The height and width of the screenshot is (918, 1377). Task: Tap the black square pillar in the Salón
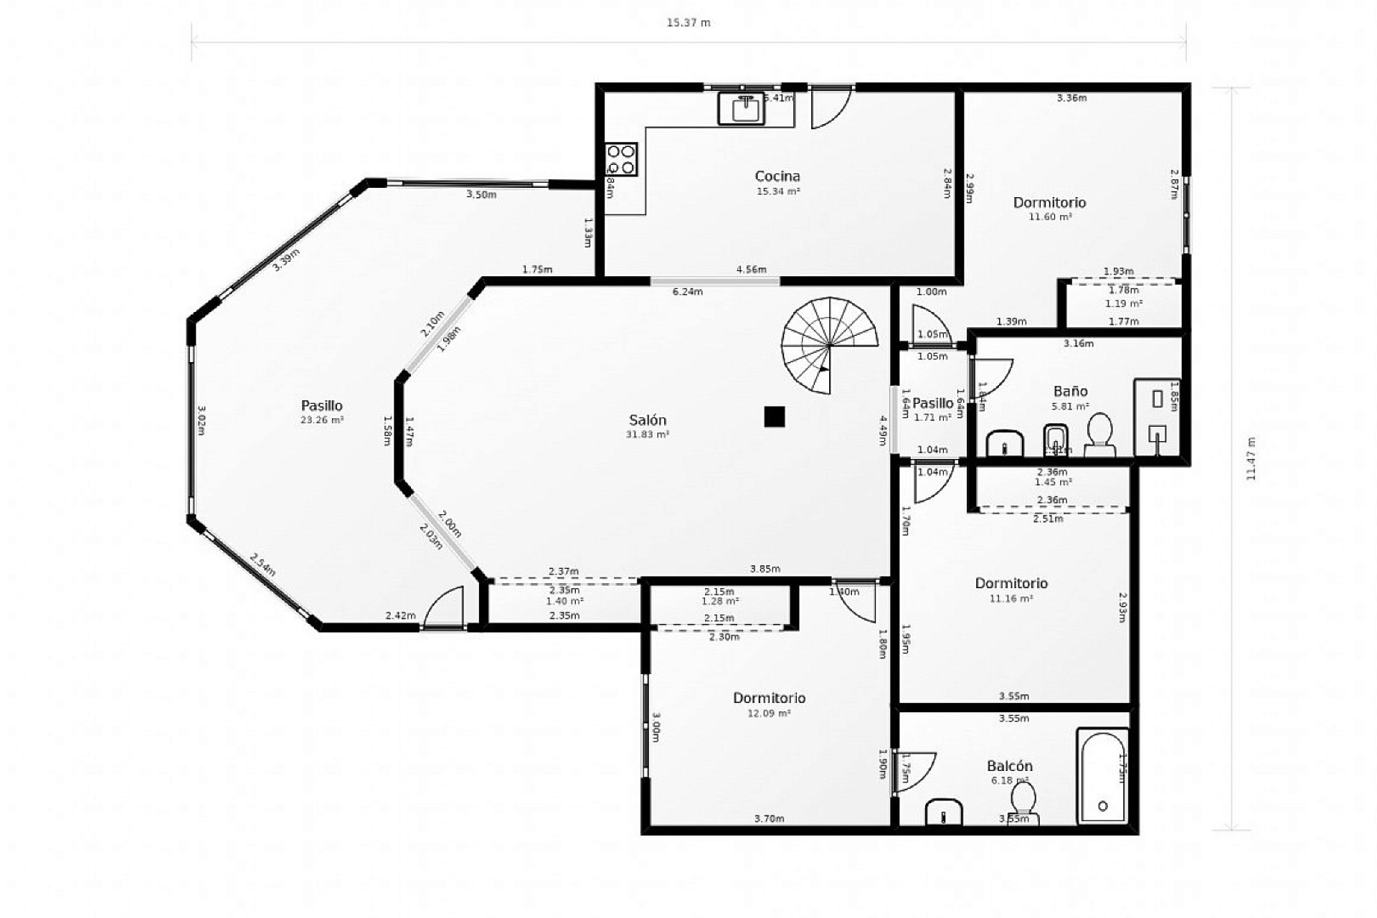tap(774, 417)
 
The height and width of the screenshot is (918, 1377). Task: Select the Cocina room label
tap(777, 176)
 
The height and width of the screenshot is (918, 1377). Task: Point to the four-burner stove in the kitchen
tap(621, 159)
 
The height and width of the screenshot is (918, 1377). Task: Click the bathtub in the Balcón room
tap(1102, 777)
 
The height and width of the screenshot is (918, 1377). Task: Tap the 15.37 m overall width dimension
tap(688, 23)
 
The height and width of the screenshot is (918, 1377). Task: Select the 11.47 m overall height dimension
tap(1251, 458)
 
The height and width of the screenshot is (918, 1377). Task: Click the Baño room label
tap(1070, 391)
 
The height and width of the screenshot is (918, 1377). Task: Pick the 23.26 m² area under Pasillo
tap(322, 420)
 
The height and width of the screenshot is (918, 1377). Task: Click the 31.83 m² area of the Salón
tap(648, 435)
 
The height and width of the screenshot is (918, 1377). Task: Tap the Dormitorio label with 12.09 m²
tap(769, 698)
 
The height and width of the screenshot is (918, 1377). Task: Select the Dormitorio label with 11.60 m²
tap(1049, 202)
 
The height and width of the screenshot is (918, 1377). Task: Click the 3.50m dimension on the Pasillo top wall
tap(481, 194)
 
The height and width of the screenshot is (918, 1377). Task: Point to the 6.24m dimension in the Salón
tap(687, 292)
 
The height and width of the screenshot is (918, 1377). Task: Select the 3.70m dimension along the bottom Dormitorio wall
tap(769, 818)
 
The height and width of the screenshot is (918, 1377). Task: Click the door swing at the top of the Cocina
tap(830, 108)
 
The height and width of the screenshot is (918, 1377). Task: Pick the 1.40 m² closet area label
tap(564, 602)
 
